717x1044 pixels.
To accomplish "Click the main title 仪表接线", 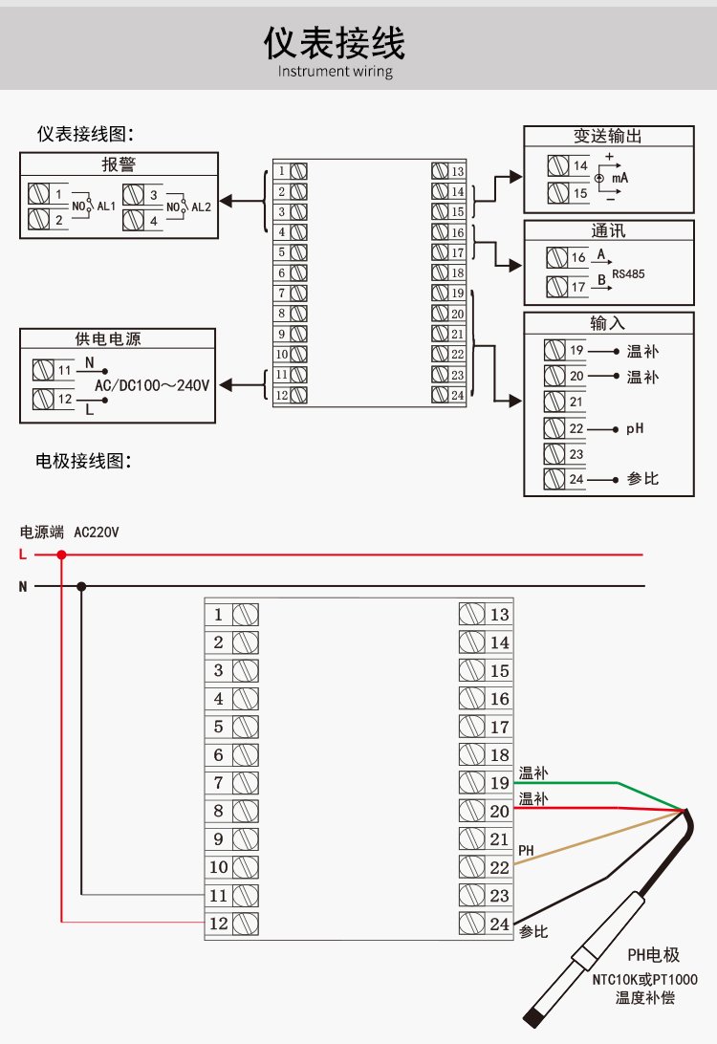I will pos(336,43).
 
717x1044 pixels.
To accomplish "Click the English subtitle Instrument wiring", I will pos(336,72).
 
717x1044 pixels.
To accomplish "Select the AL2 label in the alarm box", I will pos(202,207).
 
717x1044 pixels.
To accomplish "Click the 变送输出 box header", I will pos(608,137).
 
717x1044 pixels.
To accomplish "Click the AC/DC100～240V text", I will pos(151,385).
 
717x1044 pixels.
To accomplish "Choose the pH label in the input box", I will pos(635,428).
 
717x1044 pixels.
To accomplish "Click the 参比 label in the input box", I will pos(642,478).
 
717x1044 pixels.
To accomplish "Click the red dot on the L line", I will pos(62,555).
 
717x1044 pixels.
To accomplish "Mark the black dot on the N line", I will pos(81,586).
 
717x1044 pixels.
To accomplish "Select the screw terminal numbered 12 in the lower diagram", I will pos(246,924).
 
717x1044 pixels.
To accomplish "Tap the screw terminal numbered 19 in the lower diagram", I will pos(470,783).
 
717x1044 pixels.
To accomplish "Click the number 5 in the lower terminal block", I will pos(219,727).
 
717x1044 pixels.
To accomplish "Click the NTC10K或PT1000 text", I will pos(644,979).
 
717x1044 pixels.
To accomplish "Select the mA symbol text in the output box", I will pos(619,179).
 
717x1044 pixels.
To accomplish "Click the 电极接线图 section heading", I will pos(82,462).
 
